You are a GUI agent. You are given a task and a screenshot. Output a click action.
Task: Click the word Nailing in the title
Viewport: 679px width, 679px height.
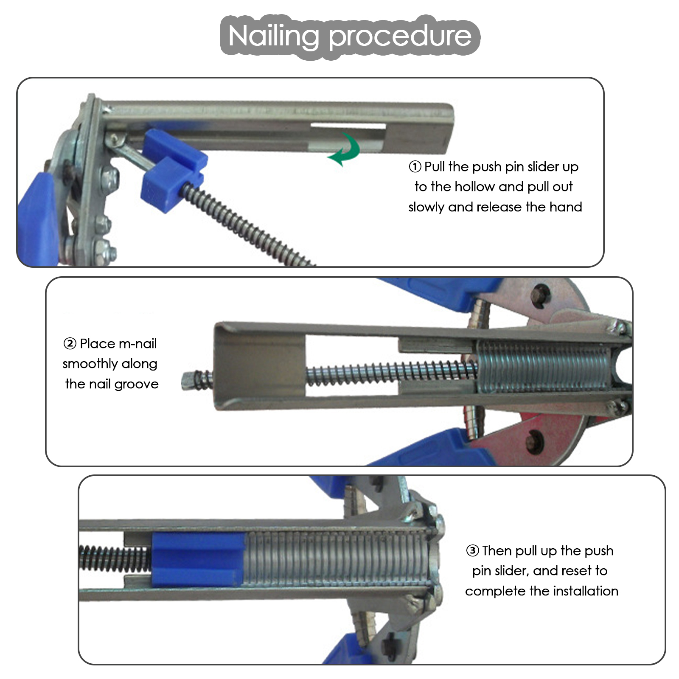click(274, 36)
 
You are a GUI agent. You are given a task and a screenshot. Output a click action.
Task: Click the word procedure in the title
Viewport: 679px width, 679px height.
click(400, 36)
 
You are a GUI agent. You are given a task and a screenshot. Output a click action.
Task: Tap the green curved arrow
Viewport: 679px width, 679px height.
click(345, 149)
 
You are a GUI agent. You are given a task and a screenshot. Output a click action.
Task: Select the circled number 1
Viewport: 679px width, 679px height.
click(415, 167)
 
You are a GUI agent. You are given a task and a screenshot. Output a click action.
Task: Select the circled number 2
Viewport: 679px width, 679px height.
click(70, 343)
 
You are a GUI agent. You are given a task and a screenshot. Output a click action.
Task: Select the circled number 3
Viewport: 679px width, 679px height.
click(472, 551)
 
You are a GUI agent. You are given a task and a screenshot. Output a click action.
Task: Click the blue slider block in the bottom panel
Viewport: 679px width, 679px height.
click(198, 560)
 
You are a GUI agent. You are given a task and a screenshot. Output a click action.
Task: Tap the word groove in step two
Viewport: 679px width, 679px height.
click(136, 384)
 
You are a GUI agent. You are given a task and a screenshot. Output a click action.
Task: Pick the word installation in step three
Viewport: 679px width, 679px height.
click(585, 591)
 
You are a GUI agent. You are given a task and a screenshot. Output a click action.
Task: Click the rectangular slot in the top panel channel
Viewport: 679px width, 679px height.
click(348, 126)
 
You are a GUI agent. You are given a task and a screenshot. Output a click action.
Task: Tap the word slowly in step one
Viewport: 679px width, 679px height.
click(426, 208)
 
